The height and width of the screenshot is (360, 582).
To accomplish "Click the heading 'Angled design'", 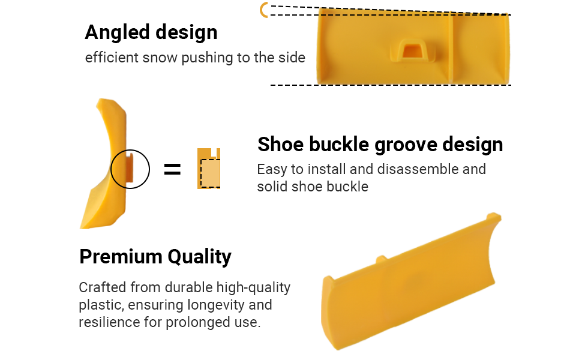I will coord(151,32).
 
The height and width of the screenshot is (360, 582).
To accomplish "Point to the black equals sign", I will coord(172,170).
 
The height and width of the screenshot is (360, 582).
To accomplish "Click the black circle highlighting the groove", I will coord(130,169).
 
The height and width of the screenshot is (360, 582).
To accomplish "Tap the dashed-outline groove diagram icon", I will coord(209,169).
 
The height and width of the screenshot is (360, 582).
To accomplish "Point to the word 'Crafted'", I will coord(103,287).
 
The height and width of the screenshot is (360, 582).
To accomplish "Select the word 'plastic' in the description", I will coord(100,305).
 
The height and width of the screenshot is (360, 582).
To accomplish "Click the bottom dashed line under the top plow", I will coord(391,85).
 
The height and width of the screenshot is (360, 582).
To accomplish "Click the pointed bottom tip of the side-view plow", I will coord(83,226).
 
